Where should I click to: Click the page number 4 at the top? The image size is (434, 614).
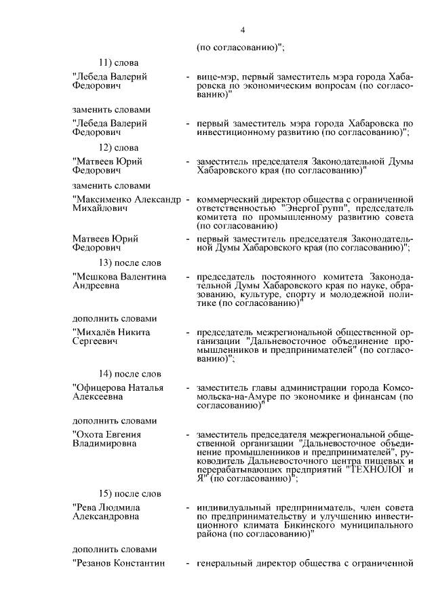[241, 29]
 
